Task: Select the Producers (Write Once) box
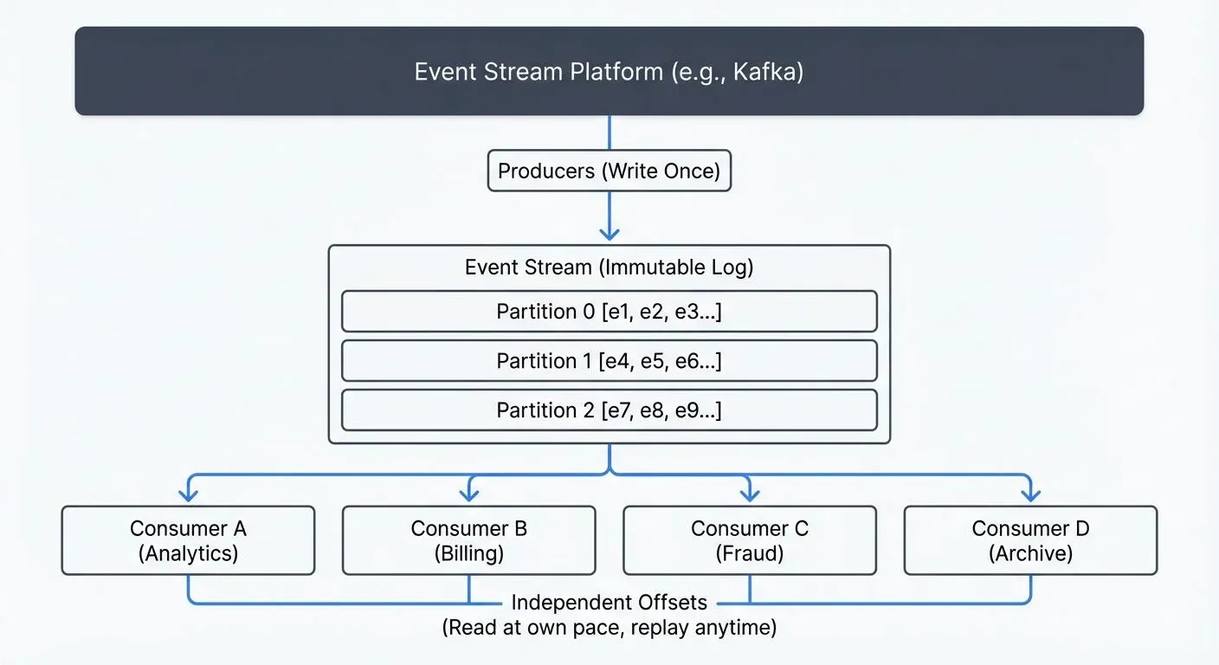(609, 171)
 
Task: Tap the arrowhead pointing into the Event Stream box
(609, 233)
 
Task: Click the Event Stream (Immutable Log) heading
(609, 267)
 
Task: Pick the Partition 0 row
(609, 312)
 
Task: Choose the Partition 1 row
(609, 361)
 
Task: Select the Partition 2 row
(609, 410)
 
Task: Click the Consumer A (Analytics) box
(188, 540)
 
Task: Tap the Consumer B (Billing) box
(468, 540)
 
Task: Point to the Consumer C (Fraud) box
(749, 540)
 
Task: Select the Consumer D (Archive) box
(1030, 540)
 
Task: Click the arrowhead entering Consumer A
(188, 495)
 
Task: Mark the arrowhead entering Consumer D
(1030, 495)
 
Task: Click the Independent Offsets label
(609, 602)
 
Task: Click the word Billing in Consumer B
(468, 553)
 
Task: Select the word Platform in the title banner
(616, 71)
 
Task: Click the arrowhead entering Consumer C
(750, 495)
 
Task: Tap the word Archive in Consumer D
(1030, 553)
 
